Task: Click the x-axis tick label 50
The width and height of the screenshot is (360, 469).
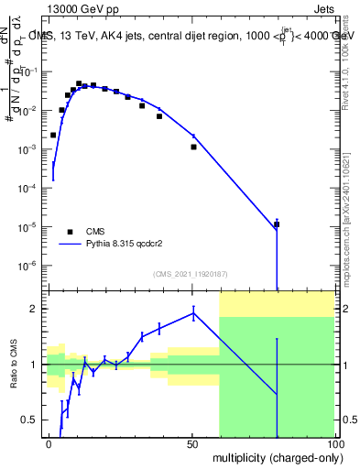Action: pyautogui.click(x=192, y=442)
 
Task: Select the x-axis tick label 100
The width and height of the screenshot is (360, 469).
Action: pyautogui.click(x=333, y=442)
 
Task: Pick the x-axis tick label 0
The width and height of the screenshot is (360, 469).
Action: pyautogui.click(x=49, y=442)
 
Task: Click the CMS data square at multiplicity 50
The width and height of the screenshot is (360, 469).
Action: pyautogui.click(x=193, y=147)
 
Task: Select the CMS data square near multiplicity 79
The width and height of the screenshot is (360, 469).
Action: pyautogui.click(x=276, y=224)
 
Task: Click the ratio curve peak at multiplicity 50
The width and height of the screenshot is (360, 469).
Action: pyautogui.click(x=193, y=313)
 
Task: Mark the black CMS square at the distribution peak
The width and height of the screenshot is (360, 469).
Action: pyautogui.click(x=79, y=83)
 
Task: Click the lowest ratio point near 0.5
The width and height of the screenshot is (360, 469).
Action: pyautogui.click(x=60, y=427)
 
